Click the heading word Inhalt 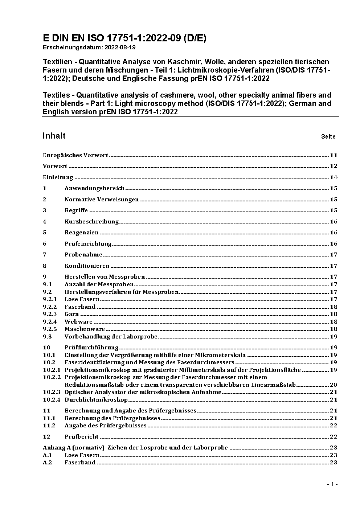(x=54, y=136)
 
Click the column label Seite (x=328, y=137)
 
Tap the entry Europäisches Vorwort (x=75, y=155)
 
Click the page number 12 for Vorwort (x=334, y=166)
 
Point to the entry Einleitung (x=58, y=177)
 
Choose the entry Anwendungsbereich (x=94, y=188)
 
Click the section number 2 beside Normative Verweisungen (x=45, y=200)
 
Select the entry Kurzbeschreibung (x=91, y=222)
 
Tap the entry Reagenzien (x=81, y=233)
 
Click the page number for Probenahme (x=334, y=255)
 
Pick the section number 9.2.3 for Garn (x=50, y=314)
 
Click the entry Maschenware (x=85, y=329)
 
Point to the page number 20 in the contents (x=334, y=385)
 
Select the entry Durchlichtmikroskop (x=96, y=400)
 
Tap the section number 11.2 (x=49, y=426)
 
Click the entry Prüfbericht (x=82, y=437)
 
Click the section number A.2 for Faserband (x=48, y=463)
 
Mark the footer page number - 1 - (x=332, y=484)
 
